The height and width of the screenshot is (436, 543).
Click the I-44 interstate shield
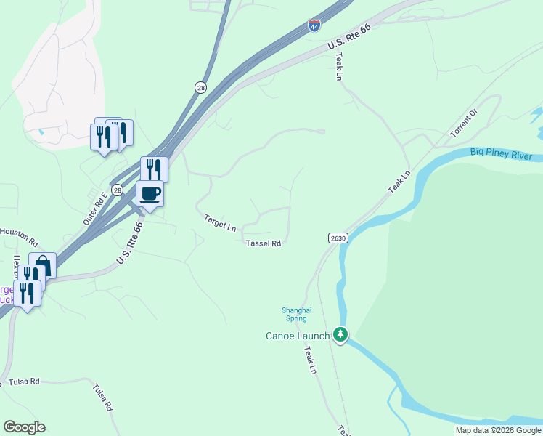314,25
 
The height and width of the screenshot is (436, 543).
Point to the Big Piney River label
501,153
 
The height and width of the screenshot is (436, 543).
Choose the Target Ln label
220,222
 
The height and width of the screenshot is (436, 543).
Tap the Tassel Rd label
263,244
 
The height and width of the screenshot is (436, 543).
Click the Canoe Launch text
298,336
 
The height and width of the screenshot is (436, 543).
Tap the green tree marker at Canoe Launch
340,335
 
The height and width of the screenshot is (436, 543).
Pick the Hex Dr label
16,267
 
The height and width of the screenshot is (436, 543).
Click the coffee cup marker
150,194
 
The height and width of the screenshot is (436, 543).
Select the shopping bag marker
43,265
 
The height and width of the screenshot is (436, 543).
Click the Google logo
24,427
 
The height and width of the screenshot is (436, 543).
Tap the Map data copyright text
497,430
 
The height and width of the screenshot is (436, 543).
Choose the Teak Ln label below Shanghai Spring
310,360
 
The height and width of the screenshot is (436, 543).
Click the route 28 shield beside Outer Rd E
119,189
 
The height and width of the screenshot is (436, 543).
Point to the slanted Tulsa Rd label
103,398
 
